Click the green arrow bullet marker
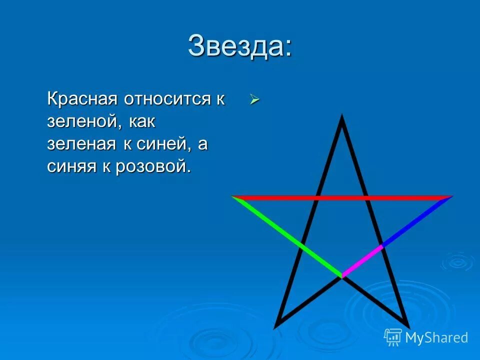(x=254, y=100)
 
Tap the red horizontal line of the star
(x=342, y=197)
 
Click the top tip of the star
(x=342, y=117)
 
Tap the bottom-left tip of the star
(x=276, y=326)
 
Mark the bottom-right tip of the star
(x=407, y=326)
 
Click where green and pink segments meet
(x=342, y=275)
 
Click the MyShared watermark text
(x=436, y=338)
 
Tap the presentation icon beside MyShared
(x=393, y=337)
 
